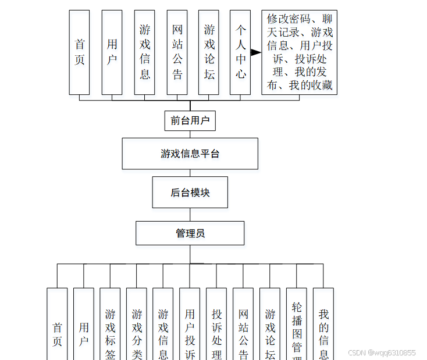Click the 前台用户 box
(190, 120)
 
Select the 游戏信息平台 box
(190, 154)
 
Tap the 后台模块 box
(190, 193)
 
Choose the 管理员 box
(190, 233)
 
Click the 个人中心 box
(240, 52)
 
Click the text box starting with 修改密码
(299, 52)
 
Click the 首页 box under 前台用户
(79, 52)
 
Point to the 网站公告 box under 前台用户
(177, 52)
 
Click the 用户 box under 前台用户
(112, 52)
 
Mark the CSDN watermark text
(381, 352)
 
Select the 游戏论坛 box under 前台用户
(209, 52)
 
